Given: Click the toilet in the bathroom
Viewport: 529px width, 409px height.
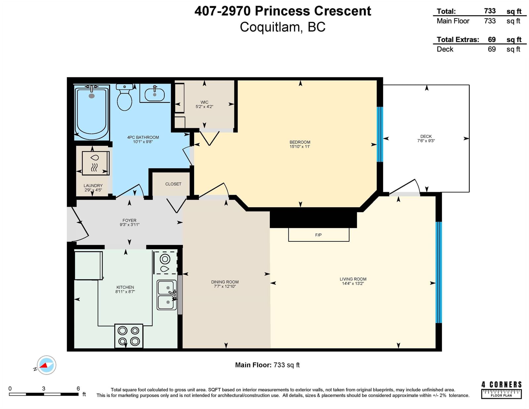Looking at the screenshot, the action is pos(124,97).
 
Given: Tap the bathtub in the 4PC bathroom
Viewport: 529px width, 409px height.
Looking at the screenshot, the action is pos(92,112).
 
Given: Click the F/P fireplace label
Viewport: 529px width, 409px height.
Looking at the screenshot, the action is pos(318,235).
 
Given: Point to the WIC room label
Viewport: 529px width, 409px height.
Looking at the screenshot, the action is pos(204,102).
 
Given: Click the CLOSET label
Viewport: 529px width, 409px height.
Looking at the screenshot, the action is pos(173,184).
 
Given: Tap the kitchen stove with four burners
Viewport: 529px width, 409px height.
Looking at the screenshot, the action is pos(129,336).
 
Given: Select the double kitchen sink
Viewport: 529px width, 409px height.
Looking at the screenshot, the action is pos(167,295).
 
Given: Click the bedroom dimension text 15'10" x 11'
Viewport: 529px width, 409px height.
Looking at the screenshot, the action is pos(300,146).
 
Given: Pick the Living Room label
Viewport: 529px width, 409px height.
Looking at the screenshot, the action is pos(353,279).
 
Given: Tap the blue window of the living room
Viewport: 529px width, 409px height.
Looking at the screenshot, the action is pos(438,272).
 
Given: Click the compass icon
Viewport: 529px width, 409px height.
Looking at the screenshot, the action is pos(46,365).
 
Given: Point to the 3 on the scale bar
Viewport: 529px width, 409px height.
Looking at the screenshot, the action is pos(44,389).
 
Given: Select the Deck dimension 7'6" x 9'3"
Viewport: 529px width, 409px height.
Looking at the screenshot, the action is pos(426,141).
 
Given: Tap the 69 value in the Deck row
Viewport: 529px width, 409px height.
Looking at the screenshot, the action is pos(492,49).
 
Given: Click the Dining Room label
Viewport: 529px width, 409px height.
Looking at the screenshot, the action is pos(225,282).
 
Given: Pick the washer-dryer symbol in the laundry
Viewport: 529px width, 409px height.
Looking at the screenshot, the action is pos(96,163).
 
